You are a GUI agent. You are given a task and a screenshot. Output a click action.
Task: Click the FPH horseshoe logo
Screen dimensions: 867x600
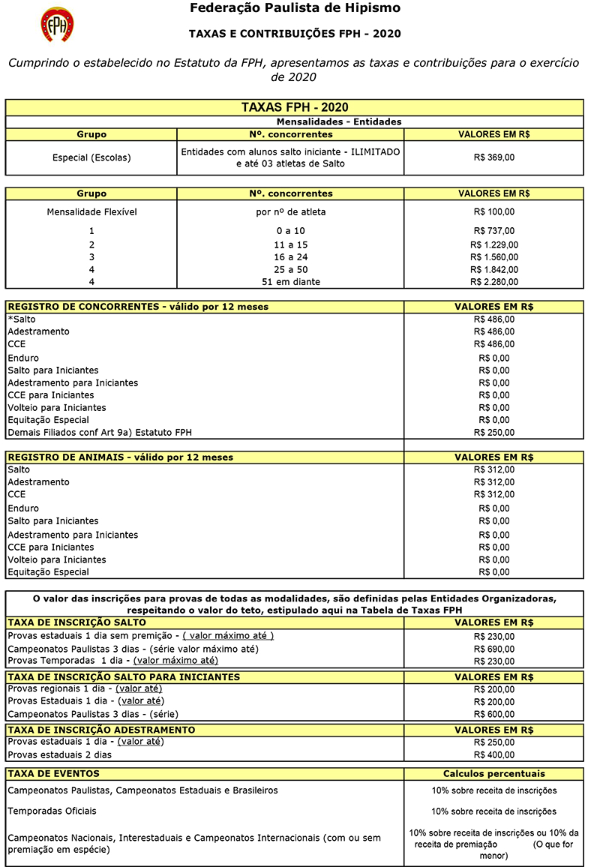click(57, 24)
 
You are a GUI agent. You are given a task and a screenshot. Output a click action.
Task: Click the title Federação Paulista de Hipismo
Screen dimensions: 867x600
click(295, 9)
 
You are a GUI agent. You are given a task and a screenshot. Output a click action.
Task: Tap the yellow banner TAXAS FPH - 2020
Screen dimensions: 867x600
click(295, 107)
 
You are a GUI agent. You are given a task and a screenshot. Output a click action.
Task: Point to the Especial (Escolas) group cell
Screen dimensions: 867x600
click(91, 157)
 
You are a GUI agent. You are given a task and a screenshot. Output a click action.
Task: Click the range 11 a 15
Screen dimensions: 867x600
click(290, 244)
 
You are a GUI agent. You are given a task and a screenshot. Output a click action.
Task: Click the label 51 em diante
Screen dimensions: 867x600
click(290, 282)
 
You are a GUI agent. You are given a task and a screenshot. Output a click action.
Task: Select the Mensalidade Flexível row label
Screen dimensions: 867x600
click(91, 212)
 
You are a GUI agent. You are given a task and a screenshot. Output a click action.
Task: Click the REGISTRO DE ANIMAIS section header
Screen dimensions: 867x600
click(120, 457)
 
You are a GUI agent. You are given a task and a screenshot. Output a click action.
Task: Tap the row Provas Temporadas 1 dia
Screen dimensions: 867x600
click(112, 661)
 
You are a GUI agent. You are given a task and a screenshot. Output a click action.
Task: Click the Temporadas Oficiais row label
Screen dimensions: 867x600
click(52, 811)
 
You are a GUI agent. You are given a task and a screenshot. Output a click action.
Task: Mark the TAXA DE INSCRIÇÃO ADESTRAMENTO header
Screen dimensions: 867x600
click(101, 730)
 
